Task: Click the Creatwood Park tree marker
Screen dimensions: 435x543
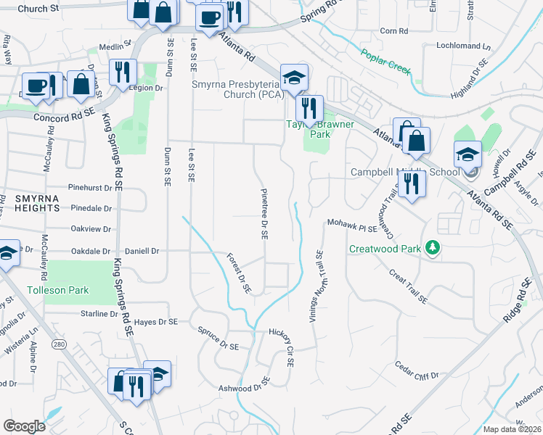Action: point(433,248)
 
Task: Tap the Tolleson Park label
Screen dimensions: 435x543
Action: point(57,290)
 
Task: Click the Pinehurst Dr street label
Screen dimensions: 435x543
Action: point(92,187)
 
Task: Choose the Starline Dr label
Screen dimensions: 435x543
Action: point(98,314)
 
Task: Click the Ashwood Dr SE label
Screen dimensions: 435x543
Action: point(244,384)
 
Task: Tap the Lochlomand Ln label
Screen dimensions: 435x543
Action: point(463,45)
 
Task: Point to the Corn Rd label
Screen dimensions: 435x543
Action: point(394,31)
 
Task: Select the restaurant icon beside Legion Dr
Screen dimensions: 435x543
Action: point(121,72)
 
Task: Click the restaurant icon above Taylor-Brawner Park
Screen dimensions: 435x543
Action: point(311,108)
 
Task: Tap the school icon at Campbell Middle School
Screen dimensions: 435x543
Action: point(468,154)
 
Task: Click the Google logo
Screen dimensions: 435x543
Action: point(24,426)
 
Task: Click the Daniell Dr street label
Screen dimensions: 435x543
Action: point(142,251)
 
